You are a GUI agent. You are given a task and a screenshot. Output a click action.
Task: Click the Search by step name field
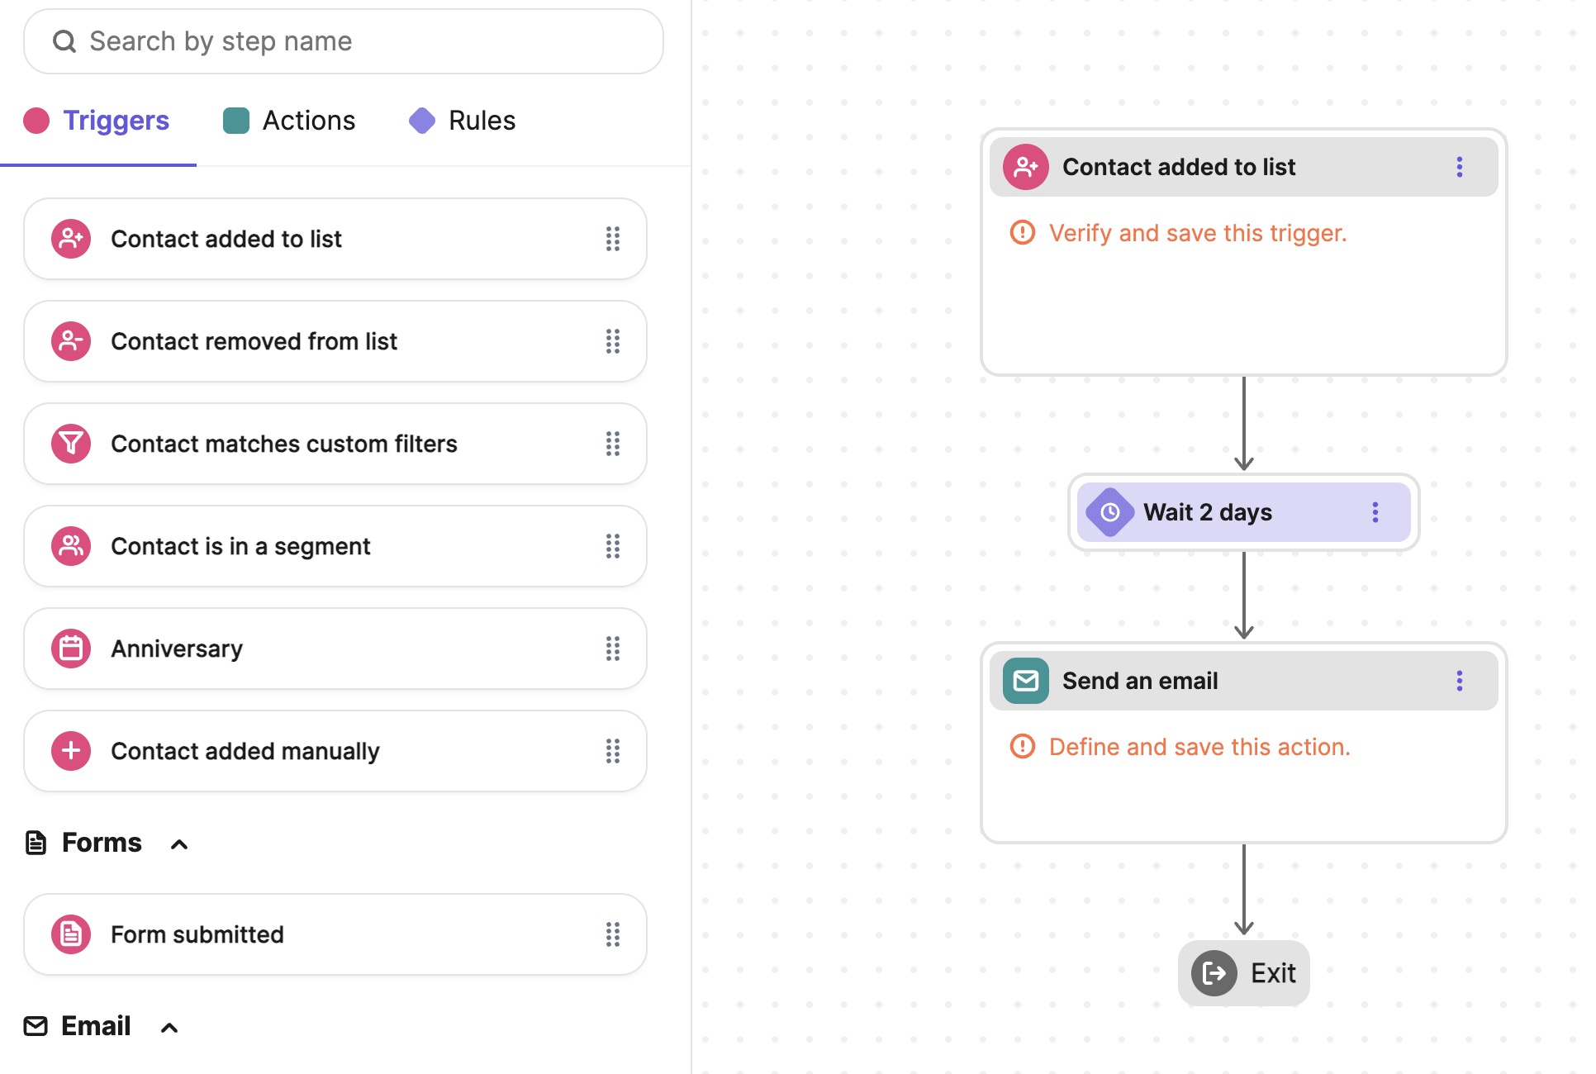[343, 41]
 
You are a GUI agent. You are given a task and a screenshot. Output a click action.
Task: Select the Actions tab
[308, 121]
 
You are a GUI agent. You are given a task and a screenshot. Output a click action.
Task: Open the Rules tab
[481, 121]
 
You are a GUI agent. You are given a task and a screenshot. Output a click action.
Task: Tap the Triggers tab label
[116, 121]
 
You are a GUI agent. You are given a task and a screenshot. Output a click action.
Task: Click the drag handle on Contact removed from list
[612, 341]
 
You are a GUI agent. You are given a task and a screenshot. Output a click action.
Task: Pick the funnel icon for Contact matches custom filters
[71, 444]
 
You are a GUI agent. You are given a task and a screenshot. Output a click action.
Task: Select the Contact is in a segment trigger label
[240, 546]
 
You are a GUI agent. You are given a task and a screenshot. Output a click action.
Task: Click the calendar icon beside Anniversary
[71, 649]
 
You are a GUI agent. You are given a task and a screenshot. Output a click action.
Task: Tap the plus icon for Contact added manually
[71, 751]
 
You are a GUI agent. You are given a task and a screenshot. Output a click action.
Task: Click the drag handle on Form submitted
[612, 934]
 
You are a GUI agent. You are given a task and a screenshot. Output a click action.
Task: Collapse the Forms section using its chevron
[179, 844]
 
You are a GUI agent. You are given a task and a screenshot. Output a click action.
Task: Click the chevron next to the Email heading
[169, 1027]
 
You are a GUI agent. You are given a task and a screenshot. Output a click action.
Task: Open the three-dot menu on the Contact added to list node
[1459, 167]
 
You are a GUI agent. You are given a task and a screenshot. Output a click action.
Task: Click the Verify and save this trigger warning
[1197, 233]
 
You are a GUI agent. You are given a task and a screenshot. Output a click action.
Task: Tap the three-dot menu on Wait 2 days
[1375, 512]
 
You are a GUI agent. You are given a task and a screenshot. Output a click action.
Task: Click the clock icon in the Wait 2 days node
[1109, 512]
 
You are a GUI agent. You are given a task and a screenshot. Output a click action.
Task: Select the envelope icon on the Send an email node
[1025, 681]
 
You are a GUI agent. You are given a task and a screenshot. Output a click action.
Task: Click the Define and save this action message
[1199, 747]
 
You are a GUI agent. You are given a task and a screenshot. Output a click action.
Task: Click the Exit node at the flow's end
[1243, 973]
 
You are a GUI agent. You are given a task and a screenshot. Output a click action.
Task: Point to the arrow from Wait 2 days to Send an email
[1243, 595]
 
